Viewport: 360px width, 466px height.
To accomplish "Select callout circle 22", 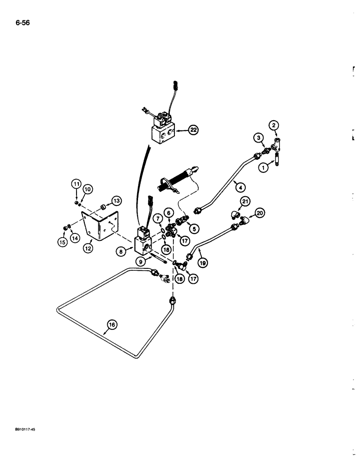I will point(193,131).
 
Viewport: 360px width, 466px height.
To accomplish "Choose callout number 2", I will point(274,125).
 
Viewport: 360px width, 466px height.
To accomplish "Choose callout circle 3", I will point(257,137).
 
